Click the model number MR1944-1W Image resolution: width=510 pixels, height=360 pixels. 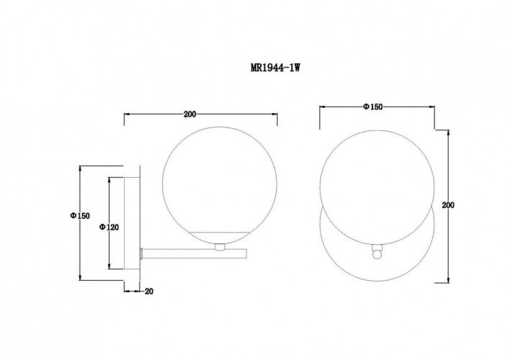click(x=275, y=68)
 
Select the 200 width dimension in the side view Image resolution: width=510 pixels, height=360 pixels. click(x=190, y=114)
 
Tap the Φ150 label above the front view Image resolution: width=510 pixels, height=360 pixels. click(x=372, y=107)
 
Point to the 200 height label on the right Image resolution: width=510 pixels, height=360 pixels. click(x=448, y=205)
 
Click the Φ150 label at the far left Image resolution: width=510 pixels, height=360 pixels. click(x=80, y=215)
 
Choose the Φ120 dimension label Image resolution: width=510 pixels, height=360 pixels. click(x=109, y=227)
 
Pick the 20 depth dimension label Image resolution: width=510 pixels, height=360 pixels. click(x=149, y=292)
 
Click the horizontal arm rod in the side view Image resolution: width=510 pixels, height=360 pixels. click(x=194, y=254)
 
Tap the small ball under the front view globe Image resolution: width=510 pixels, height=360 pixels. click(x=377, y=255)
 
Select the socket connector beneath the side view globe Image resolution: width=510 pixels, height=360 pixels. click(x=220, y=248)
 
